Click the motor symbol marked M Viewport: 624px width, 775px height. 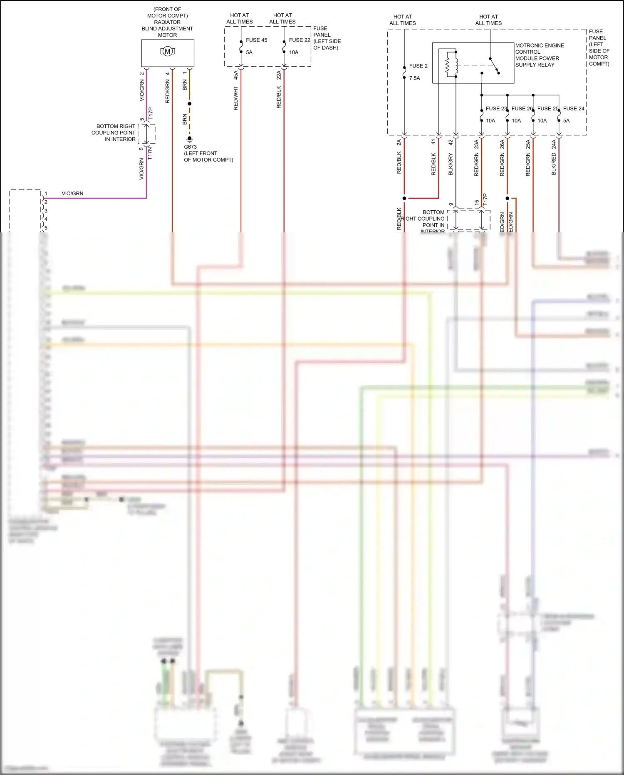pyautogui.click(x=167, y=52)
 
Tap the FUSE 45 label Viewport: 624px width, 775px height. pyautogui.click(x=256, y=40)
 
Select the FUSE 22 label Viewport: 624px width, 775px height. pyautogui.click(x=300, y=40)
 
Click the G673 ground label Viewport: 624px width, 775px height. pyautogui.click(x=190, y=147)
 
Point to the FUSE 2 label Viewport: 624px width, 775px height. pyautogui.click(x=418, y=66)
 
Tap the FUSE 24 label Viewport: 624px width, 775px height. pyautogui.click(x=574, y=108)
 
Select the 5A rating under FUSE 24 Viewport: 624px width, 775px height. pyautogui.click(x=566, y=121)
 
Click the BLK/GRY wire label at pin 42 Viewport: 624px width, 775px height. pyautogui.click(x=451, y=164)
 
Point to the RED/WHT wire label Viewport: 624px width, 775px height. pyautogui.click(x=236, y=98)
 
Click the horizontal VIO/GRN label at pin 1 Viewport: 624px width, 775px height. pyautogui.click(x=72, y=194)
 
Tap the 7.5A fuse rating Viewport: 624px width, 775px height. pyautogui.click(x=414, y=78)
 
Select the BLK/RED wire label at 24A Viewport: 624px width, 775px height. pyautogui.click(x=554, y=164)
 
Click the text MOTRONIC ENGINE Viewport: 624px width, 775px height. pyautogui.click(x=540, y=45)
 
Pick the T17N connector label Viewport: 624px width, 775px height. pyautogui.click(x=150, y=153)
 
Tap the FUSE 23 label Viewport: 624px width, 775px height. pyautogui.click(x=496, y=108)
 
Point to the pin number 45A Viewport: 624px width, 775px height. pyautogui.click(x=236, y=75)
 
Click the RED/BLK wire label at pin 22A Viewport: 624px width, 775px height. pyautogui.click(x=279, y=97)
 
